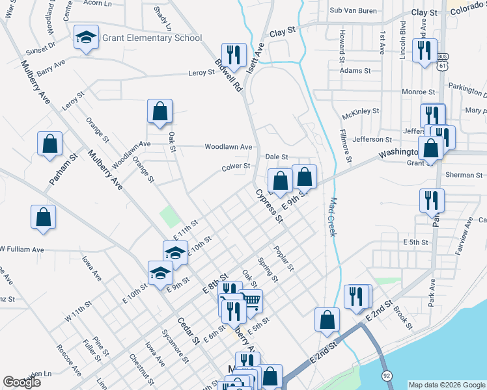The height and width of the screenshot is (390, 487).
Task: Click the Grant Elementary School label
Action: coord(152,38)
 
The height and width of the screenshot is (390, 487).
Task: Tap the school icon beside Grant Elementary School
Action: coord(85,38)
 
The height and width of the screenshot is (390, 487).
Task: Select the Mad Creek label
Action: coord(333,216)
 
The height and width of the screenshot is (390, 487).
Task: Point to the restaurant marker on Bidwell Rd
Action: coord(234,55)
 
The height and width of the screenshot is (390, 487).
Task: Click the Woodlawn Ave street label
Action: coord(228,147)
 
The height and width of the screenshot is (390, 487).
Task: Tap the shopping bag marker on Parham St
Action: coord(49,144)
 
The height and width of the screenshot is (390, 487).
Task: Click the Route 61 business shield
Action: coord(443,61)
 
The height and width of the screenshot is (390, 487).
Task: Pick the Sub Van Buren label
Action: coord(354,10)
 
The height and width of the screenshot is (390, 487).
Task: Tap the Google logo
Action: coord(22,382)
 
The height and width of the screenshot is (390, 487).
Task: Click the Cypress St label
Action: coord(269,205)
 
